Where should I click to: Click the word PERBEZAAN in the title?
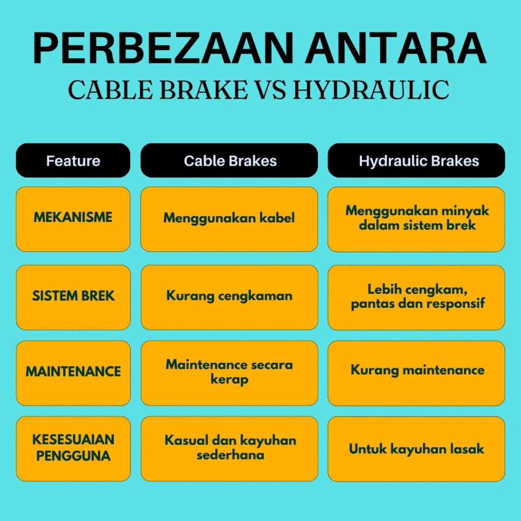[163, 48]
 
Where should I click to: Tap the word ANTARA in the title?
[396, 48]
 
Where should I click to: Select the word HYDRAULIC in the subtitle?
[371, 90]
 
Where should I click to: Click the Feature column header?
[73, 160]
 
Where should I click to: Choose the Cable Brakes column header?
[229, 160]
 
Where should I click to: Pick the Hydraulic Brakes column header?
[416, 160]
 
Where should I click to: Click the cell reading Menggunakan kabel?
[229, 219]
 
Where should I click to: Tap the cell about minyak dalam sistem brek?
[416, 219]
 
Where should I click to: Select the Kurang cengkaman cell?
[229, 297]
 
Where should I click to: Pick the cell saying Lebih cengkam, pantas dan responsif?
[416, 297]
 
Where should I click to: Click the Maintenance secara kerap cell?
[229, 373]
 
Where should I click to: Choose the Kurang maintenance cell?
[416, 373]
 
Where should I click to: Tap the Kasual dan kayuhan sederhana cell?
[229, 449]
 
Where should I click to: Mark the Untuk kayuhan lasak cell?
[416, 449]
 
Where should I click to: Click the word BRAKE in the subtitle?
[204, 90]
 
